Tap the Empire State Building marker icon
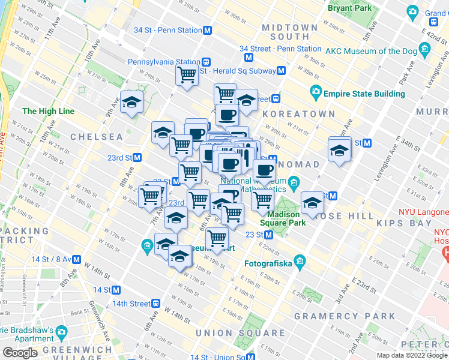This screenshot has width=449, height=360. click(x=316, y=94)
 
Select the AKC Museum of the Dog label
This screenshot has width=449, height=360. click(x=372, y=50)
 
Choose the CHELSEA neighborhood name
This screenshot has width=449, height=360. click(x=97, y=137)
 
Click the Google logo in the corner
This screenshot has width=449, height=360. click(x=20, y=353)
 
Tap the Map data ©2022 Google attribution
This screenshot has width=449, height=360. click(x=412, y=355)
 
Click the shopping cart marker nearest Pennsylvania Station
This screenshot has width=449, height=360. click(x=187, y=76)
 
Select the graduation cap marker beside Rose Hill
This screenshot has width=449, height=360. click(x=312, y=202)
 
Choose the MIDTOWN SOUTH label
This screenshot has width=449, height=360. click(x=289, y=32)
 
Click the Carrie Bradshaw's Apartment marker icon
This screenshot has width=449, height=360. click(x=61, y=331)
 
